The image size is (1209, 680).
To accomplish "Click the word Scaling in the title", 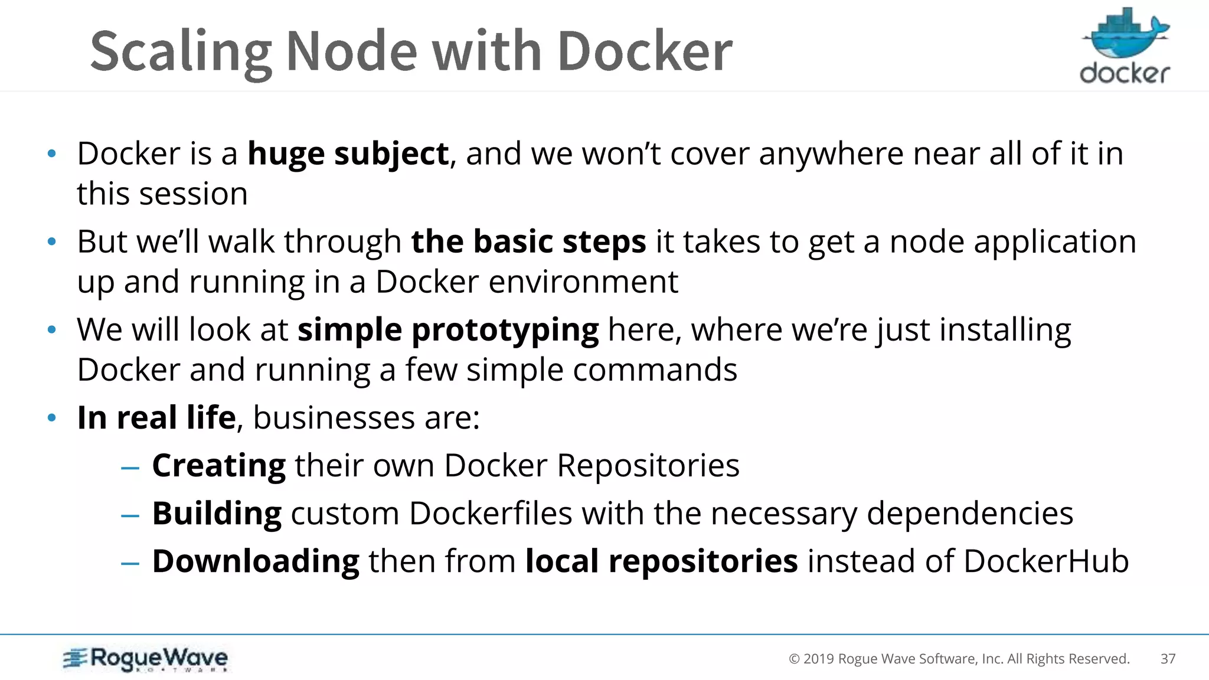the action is (x=181, y=52).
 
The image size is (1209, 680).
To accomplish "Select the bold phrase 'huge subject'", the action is (x=348, y=154).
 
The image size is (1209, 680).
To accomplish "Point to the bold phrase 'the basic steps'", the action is (x=528, y=242).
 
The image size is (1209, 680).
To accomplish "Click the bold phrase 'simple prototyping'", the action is (x=448, y=330).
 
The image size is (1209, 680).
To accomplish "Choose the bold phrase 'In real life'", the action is (x=156, y=418).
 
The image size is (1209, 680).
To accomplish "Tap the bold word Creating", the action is (x=219, y=466).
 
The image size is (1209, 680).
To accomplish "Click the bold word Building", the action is (x=217, y=514).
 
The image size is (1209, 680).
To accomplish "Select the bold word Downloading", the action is (x=256, y=561).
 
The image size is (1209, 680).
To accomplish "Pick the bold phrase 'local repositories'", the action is (x=661, y=561).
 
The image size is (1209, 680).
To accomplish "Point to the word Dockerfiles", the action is (x=491, y=514).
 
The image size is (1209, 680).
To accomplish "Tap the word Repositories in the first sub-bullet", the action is (x=648, y=466).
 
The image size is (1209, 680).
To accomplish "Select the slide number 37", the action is (x=1168, y=659).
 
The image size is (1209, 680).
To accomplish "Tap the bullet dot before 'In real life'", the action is (x=52, y=418).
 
